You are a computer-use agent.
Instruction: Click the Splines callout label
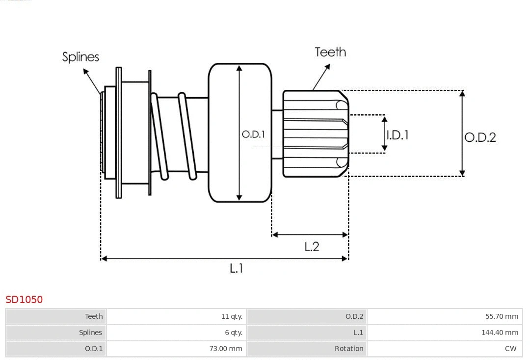[80, 57]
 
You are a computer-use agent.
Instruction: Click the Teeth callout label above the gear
[330, 52]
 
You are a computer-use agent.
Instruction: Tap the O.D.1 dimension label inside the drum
[253, 134]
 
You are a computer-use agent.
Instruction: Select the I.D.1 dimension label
[397, 135]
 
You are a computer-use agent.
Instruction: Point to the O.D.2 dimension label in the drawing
[480, 137]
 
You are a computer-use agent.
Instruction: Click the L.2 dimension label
[312, 246]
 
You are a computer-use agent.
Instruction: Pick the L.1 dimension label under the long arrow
[237, 268]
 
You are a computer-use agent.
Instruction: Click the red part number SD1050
[24, 299]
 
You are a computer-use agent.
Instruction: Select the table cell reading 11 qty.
[232, 316]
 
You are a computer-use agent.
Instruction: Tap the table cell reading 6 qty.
[234, 333]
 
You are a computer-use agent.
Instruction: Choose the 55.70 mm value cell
[502, 316]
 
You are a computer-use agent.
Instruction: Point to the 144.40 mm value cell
[500, 333]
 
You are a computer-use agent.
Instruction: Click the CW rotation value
[510, 349]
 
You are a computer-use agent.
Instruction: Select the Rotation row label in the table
[349, 349]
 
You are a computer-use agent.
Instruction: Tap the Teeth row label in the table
[94, 316]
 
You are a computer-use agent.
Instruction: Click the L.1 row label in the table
[358, 333]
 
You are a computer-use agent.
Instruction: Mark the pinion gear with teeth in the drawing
[315, 133]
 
